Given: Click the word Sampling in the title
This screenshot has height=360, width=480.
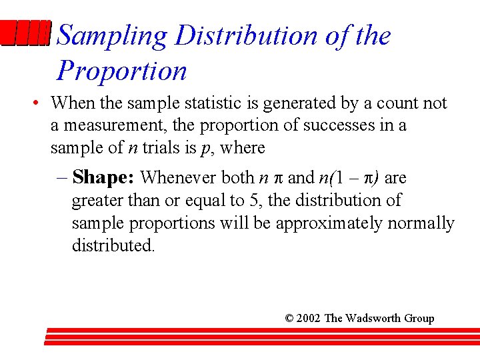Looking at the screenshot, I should (x=113, y=37).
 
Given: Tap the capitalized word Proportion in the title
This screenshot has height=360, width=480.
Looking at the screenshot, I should (x=122, y=71).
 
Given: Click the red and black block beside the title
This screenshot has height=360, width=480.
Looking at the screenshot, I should (x=25, y=33).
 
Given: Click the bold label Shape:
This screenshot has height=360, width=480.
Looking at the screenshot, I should (x=104, y=177).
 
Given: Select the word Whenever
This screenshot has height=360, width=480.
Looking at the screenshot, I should (x=175, y=177).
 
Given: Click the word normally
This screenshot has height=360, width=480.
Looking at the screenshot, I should (x=420, y=223).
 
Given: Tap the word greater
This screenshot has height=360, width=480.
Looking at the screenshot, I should (x=95, y=200).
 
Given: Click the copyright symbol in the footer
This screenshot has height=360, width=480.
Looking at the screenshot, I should (x=289, y=319).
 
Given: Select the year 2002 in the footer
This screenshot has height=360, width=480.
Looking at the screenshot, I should (x=309, y=319).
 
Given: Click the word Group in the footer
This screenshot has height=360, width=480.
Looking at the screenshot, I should (x=419, y=319).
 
